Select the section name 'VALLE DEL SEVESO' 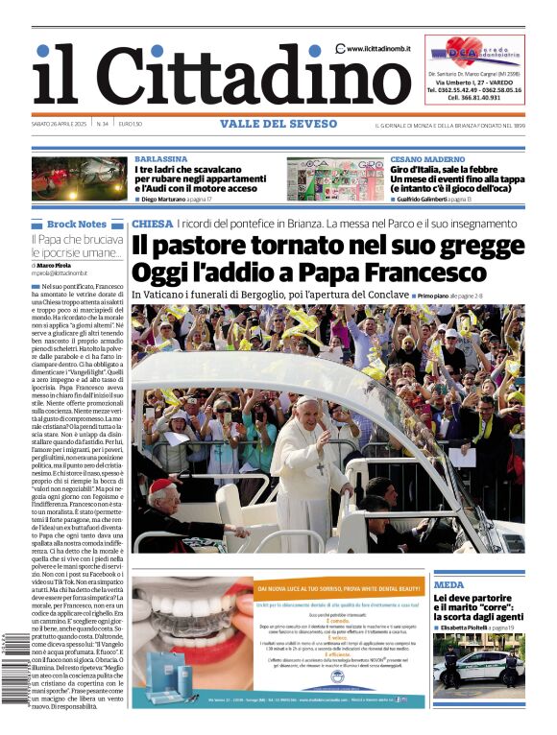pyautogui.click(x=278, y=124)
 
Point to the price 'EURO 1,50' pyautogui.click(x=131, y=124)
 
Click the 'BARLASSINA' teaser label pyautogui.click(x=160, y=158)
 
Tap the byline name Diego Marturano pyautogui.click(x=169, y=199)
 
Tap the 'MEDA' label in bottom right pyautogui.click(x=448, y=584)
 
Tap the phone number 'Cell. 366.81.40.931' pyautogui.click(x=472, y=97)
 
